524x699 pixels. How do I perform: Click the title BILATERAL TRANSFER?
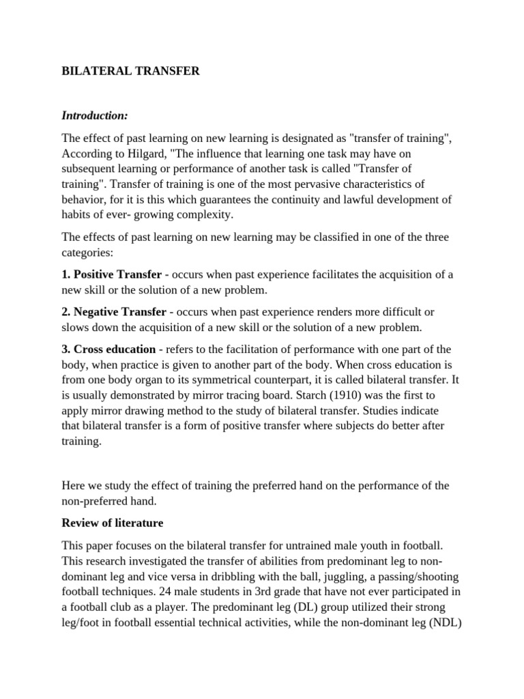tap(130, 71)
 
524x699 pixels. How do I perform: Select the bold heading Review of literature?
tap(113, 523)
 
